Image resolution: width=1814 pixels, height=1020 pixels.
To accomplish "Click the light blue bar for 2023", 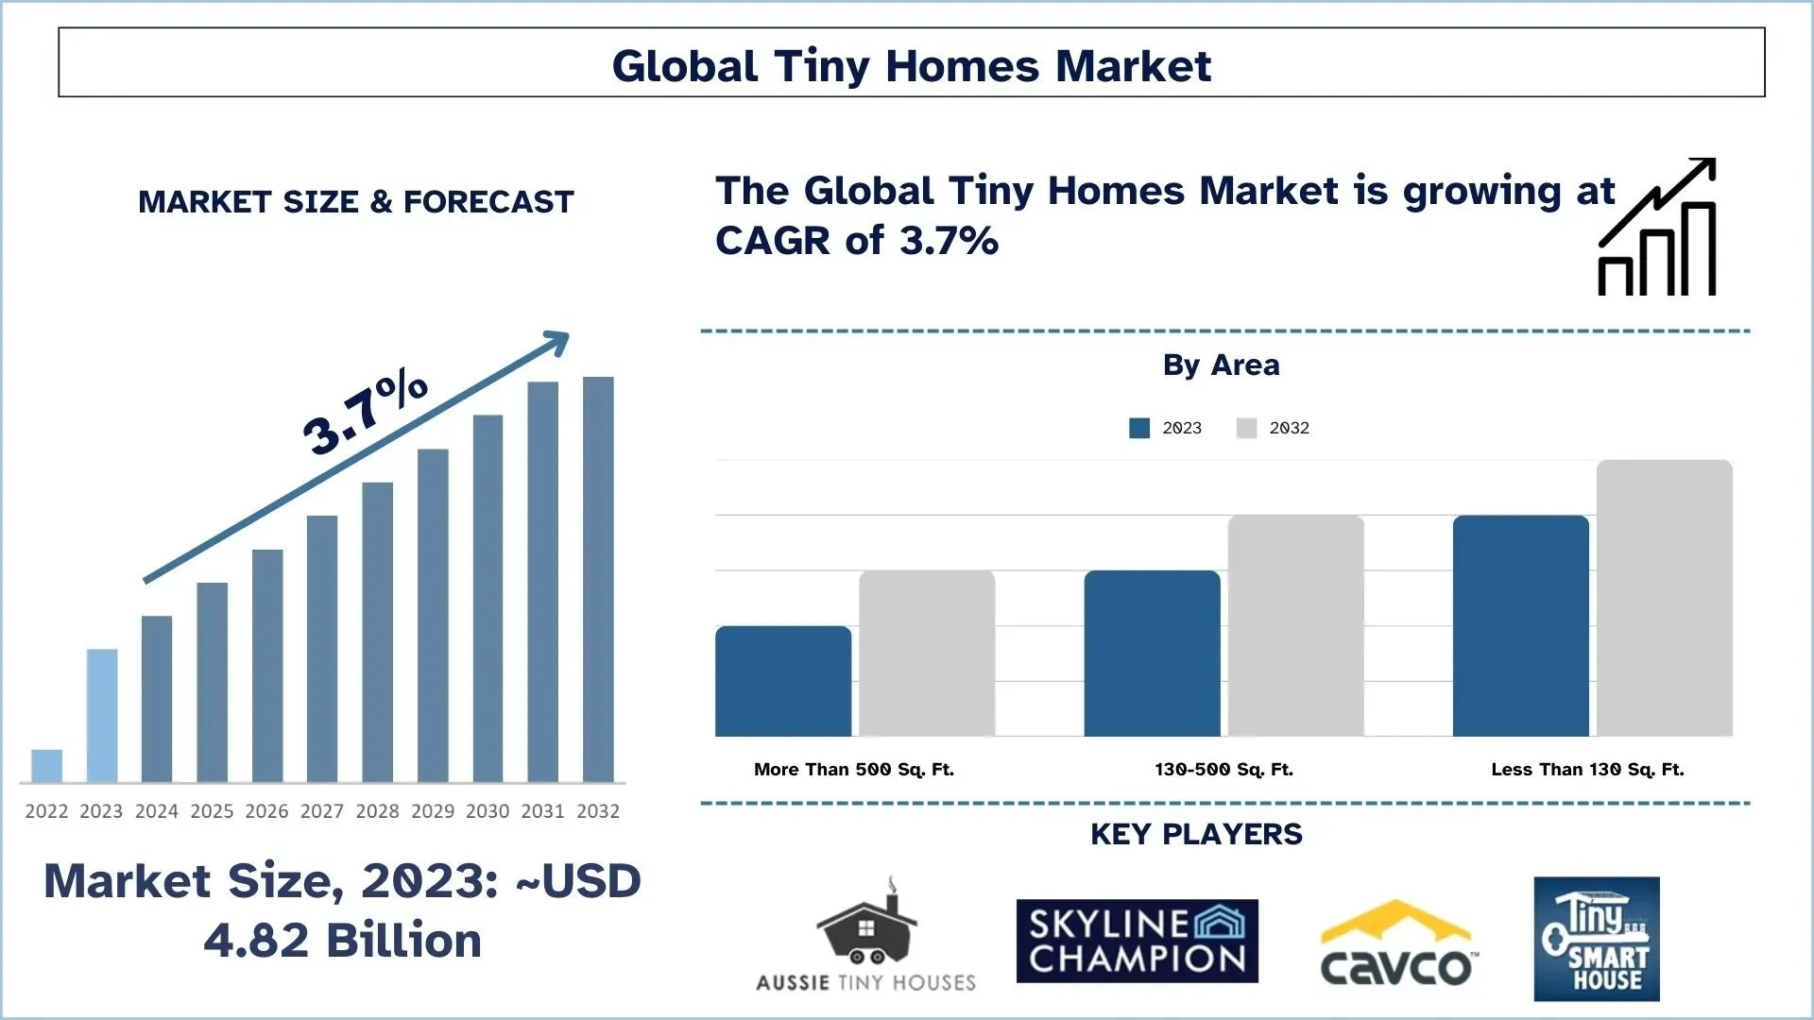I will click(x=102, y=715).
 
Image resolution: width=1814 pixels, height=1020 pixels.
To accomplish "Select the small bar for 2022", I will click(x=46, y=766).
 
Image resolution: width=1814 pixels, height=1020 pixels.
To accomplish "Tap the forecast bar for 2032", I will click(x=598, y=579).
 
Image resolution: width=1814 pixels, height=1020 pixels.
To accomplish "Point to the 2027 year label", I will click(x=322, y=811).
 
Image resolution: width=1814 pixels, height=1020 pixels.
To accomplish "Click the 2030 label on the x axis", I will click(x=488, y=811).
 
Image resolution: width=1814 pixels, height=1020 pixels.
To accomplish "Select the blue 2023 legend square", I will click(x=1139, y=428).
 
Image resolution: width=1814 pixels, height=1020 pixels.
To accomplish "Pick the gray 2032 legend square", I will click(x=1246, y=428).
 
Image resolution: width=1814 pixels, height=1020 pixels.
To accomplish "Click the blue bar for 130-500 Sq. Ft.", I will click(x=1152, y=654).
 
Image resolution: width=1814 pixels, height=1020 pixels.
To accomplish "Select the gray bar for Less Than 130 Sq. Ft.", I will click(x=1664, y=598).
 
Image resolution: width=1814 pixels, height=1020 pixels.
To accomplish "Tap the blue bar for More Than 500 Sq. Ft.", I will click(x=783, y=681).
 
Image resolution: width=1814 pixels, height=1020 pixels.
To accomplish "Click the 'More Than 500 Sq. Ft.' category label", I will click(x=853, y=770).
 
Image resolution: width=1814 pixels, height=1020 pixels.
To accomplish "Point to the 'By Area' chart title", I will click(x=1221, y=365).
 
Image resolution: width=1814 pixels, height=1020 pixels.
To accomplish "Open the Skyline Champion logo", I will click(x=1137, y=941).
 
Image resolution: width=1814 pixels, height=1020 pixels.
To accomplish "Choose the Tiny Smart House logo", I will click(x=1596, y=939).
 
